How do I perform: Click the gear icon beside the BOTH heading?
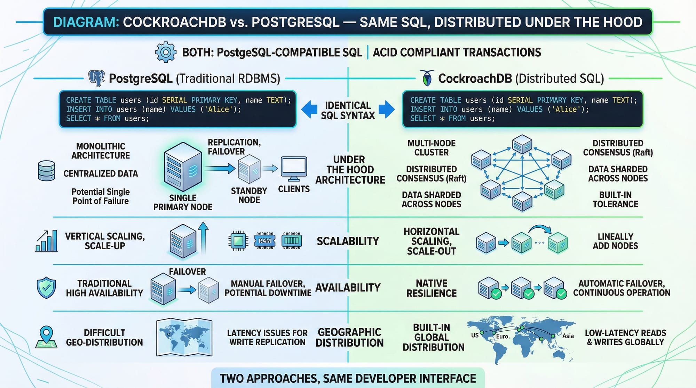click(x=165, y=52)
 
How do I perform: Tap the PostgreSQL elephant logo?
click(x=97, y=78)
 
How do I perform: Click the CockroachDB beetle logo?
click(x=427, y=78)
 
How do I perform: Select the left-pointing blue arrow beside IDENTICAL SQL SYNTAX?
click(x=309, y=110)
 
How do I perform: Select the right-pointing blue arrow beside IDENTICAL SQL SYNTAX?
click(x=386, y=110)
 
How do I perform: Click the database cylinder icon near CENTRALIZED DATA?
click(x=46, y=171)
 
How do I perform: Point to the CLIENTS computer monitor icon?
click(x=294, y=169)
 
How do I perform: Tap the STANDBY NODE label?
click(x=249, y=195)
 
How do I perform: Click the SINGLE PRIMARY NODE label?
click(x=183, y=202)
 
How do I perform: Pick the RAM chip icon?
click(x=265, y=241)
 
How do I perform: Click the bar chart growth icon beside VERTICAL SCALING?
click(x=47, y=241)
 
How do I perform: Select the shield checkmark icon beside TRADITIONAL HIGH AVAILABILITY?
click(x=46, y=288)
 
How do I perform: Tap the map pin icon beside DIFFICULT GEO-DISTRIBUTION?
click(x=46, y=337)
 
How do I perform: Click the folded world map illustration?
click(x=184, y=337)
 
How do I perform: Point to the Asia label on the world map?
click(x=568, y=336)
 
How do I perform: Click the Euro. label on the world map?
click(x=503, y=336)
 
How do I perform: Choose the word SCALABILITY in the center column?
click(x=348, y=241)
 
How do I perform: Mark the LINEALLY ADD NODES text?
click(x=615, y=241)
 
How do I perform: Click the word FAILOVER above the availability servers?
click(x=187, y=272)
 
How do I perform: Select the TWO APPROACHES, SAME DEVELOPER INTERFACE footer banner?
click(x=348, y=378)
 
